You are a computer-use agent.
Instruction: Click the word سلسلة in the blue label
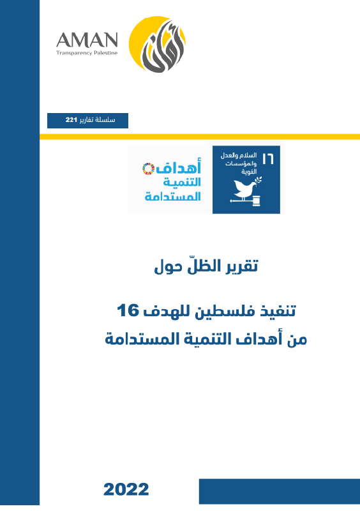point(114,120)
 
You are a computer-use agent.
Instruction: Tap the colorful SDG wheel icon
point(147,169)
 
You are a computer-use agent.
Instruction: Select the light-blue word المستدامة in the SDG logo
point(172,196)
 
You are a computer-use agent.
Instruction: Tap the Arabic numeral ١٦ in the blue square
point(267,158)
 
